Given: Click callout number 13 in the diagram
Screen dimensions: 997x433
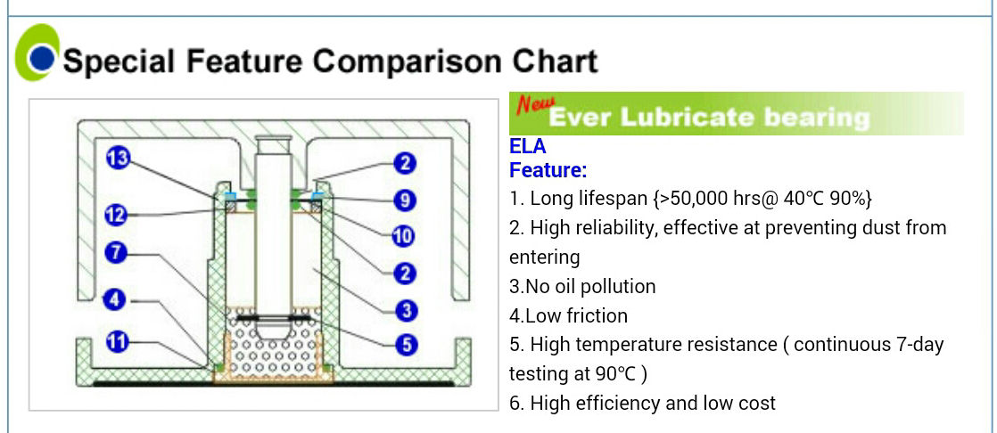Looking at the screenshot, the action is coord(118,157).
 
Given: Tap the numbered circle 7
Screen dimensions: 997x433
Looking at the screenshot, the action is coord(115,253).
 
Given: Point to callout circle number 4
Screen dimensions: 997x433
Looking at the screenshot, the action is coord(114,299).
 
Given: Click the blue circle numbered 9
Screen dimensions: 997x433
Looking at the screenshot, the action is coord(404,200).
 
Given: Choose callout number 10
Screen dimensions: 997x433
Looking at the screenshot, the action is coord(403,237).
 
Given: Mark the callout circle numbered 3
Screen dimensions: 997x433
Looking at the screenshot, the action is coord(405,310).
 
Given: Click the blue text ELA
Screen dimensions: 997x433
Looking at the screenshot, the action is coord(528,147).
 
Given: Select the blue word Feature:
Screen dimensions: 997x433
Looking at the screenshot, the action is coord(548,170).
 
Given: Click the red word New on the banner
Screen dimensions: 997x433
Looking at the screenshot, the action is coord(535,103).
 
